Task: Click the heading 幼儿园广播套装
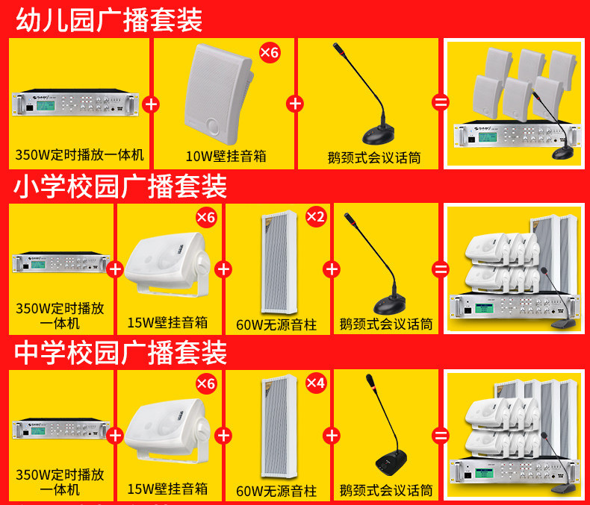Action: coord(109,19)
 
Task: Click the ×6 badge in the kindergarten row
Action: coord(269,52)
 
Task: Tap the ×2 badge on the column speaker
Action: coord(316,217)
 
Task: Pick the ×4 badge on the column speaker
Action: coord(316,383)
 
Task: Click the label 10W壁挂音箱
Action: coord(226,156)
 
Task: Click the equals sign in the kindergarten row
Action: coord(441,103)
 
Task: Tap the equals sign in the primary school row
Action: coord(441,269)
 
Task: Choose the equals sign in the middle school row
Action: coord(441,436)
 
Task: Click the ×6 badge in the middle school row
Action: coord(206,383)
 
